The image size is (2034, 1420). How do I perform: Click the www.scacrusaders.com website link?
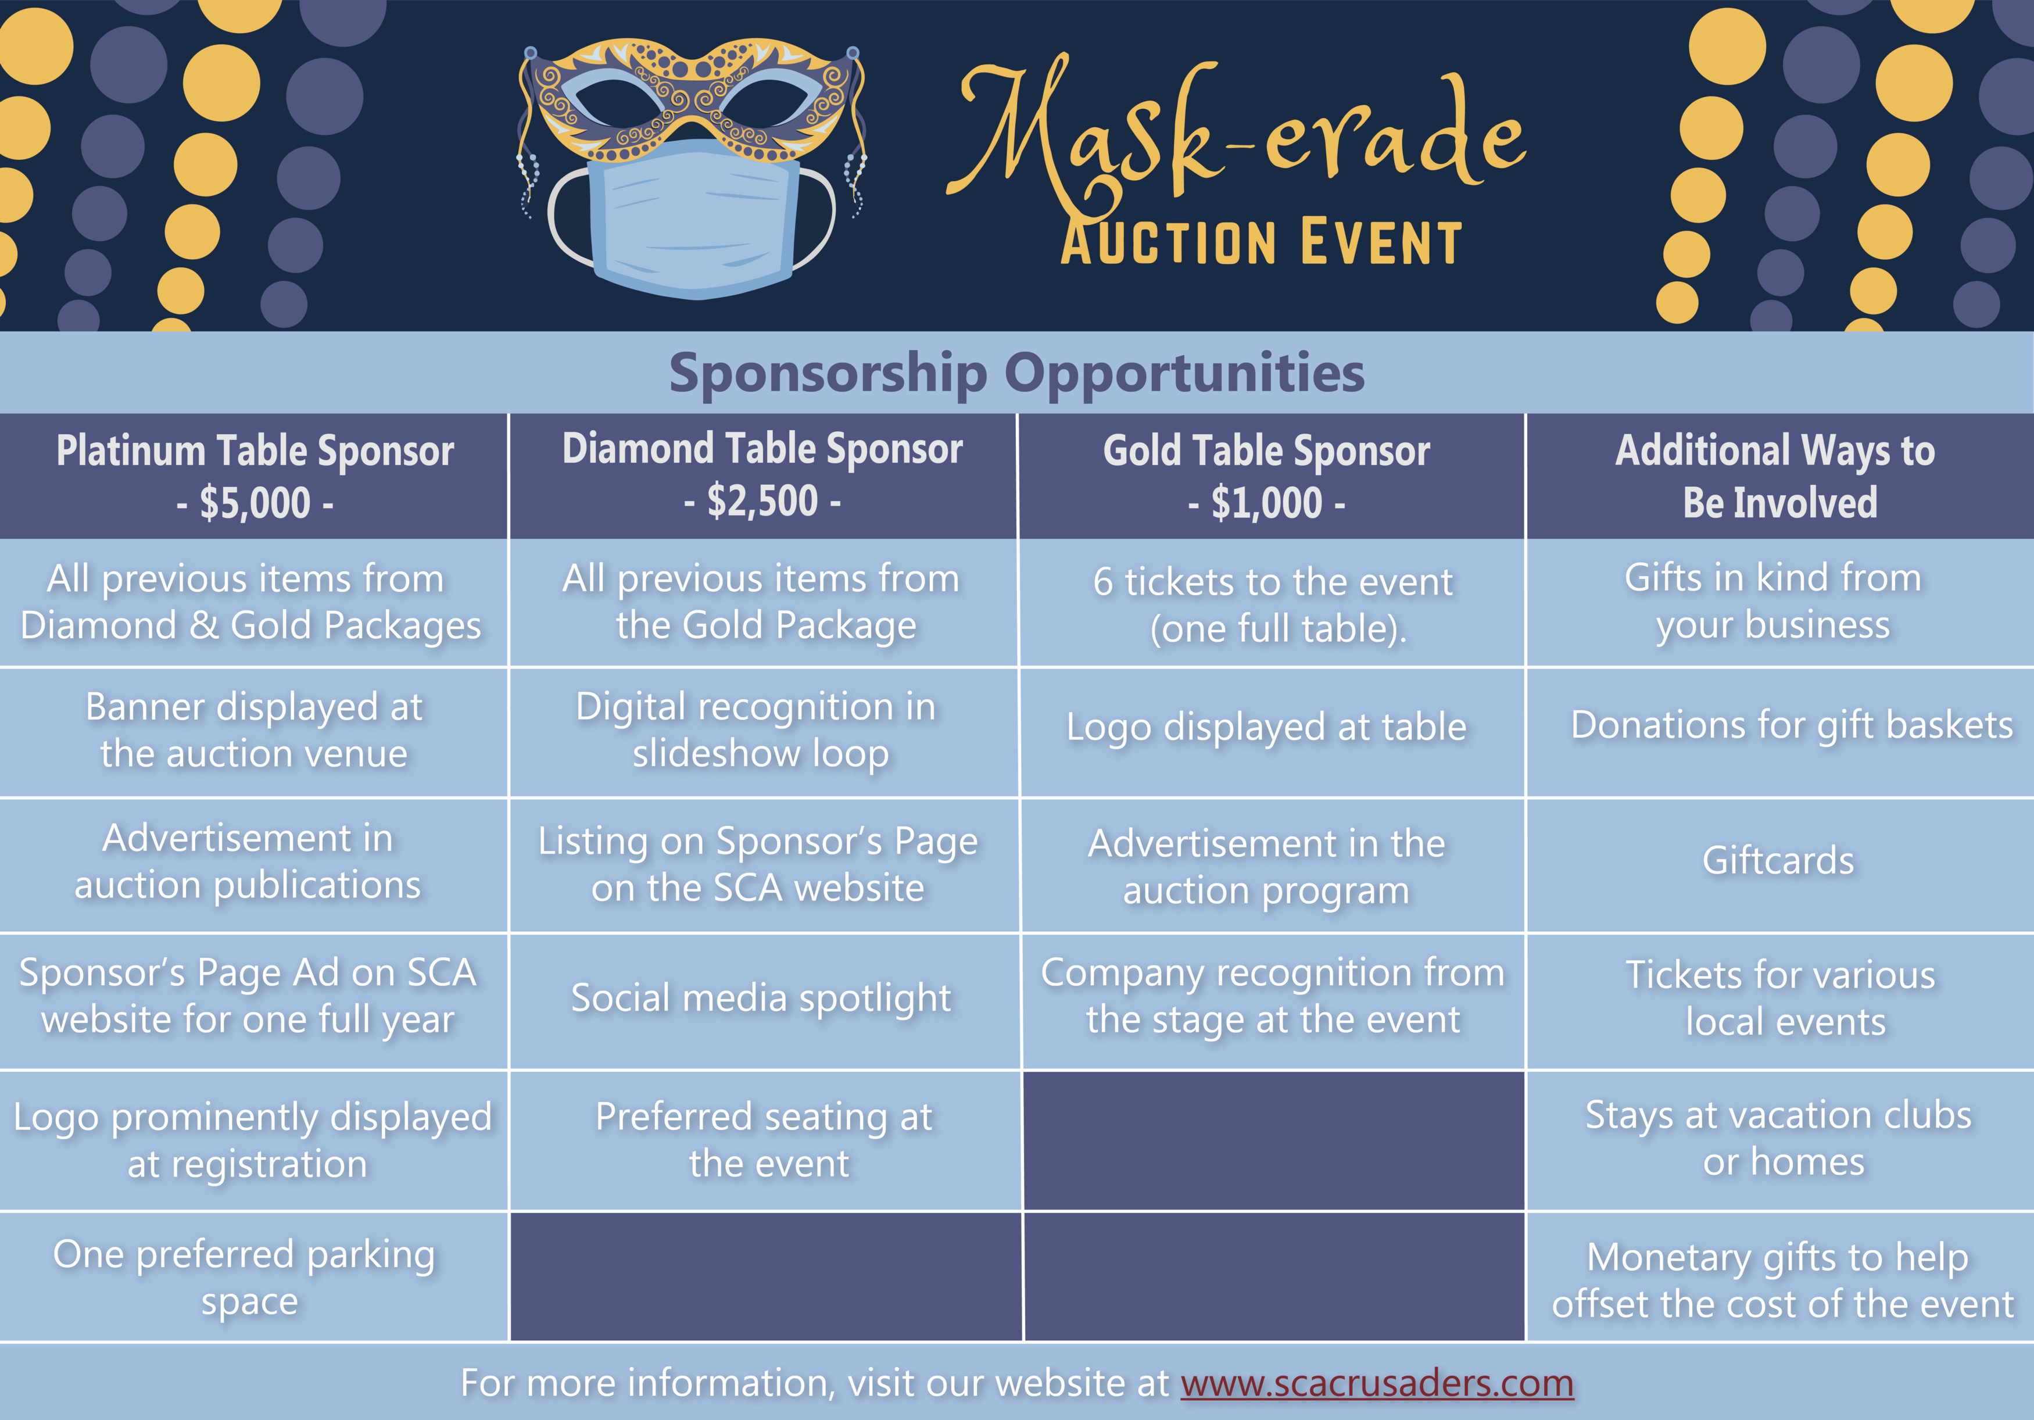tap(1377, 1383)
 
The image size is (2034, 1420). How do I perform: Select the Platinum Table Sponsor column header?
tap(255, 475)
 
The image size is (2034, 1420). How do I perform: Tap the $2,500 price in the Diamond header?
tap(762, 502)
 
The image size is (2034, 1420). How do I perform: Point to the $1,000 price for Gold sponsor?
tap(1267, 503)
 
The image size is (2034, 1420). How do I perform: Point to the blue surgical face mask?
tap(694, 219)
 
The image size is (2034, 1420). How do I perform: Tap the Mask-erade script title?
tap(1237, 133)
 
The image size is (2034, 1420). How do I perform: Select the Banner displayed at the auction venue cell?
tap(255, 730)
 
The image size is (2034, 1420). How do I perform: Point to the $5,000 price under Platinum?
tap(255, 503)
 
